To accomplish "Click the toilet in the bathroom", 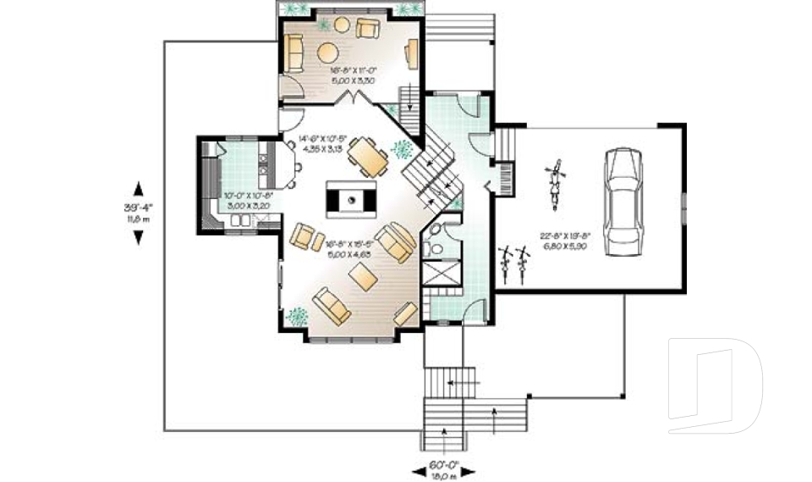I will [x=436, y=248].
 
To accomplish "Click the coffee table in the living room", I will [x=364, y=276].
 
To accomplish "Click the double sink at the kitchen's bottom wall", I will [x=242, y=222].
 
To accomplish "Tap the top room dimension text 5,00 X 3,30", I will [x=350, y=80].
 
